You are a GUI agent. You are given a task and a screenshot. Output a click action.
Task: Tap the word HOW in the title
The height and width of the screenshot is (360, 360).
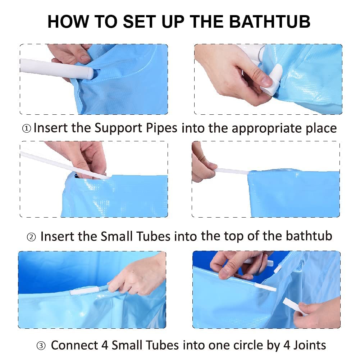[x=68, y=22]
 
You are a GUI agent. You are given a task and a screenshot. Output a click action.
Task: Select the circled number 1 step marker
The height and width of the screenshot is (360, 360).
[x=27, y=129]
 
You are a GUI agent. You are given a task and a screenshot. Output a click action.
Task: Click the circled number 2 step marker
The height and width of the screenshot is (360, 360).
[x=31, y=237]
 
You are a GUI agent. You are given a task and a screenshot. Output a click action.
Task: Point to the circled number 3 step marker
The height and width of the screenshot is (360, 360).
[x=41, y=346]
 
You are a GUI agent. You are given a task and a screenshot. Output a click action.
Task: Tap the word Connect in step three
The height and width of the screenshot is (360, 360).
[x=74, y=345]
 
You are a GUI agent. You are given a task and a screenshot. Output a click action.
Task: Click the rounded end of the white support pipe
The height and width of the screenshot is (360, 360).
[x=90, y=73]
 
